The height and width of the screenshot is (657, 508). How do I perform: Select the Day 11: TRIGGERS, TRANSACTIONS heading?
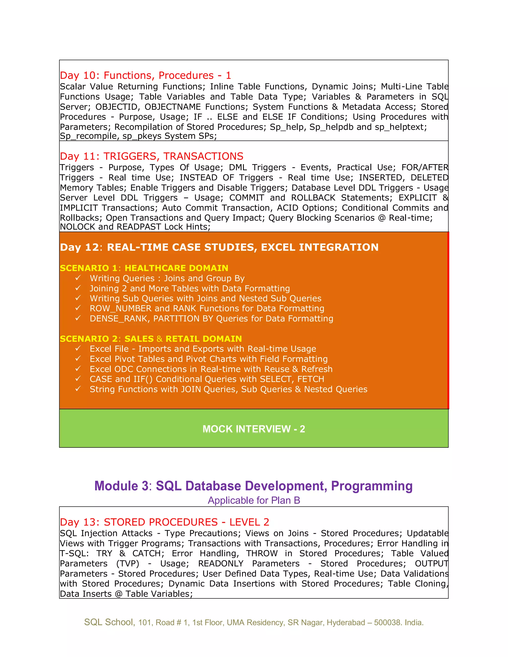pos(151,156)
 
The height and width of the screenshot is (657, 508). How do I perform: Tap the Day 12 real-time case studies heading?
pos(219,247)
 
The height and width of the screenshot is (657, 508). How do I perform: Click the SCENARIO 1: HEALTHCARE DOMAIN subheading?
pos(144,268)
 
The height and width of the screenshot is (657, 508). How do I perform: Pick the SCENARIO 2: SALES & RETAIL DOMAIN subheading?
pos(151,339)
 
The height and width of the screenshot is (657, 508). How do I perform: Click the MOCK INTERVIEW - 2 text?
pos(254,429)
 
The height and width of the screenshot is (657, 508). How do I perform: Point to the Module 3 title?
pos(254,486)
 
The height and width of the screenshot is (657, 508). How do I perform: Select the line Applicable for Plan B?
pos(254,501)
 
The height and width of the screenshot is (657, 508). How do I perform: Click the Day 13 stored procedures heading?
pos(164,522)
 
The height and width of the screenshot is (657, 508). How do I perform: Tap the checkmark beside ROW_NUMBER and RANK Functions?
pos(78,308)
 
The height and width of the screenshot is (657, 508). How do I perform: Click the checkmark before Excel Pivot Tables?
pos(78,358)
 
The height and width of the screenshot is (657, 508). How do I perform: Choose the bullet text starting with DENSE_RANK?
pos(211,319)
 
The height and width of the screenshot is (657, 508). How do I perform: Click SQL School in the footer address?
pos(109,622)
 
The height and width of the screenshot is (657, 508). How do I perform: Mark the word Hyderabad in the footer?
pos(346,622)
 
